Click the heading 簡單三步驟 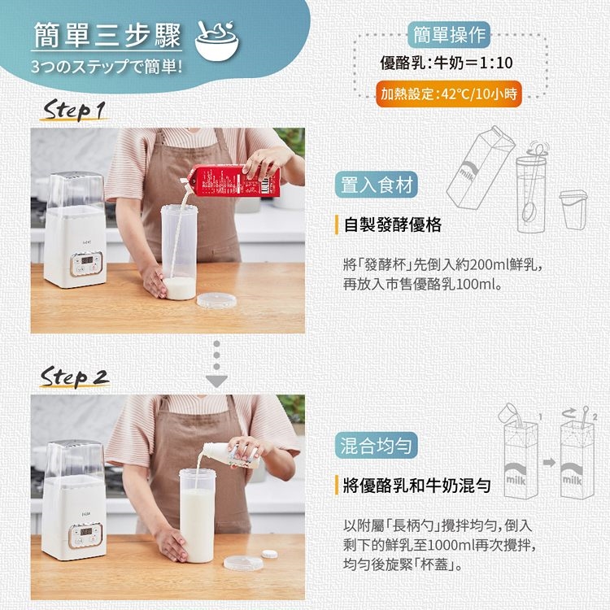(107, 35)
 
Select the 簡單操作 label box (449, 35)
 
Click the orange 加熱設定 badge (448, 94)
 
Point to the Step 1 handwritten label (74, 110)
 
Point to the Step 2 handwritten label (74, 377)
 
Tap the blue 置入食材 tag (377, 185)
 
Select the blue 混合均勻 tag (377, 446)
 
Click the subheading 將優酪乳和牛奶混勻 (416, 485)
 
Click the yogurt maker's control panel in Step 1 (86, 264)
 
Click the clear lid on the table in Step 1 (216, 300)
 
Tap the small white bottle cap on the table (269, 554)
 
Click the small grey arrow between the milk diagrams (549, 463)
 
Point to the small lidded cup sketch (573, 209)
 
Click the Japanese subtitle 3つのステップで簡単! (107, 67)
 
